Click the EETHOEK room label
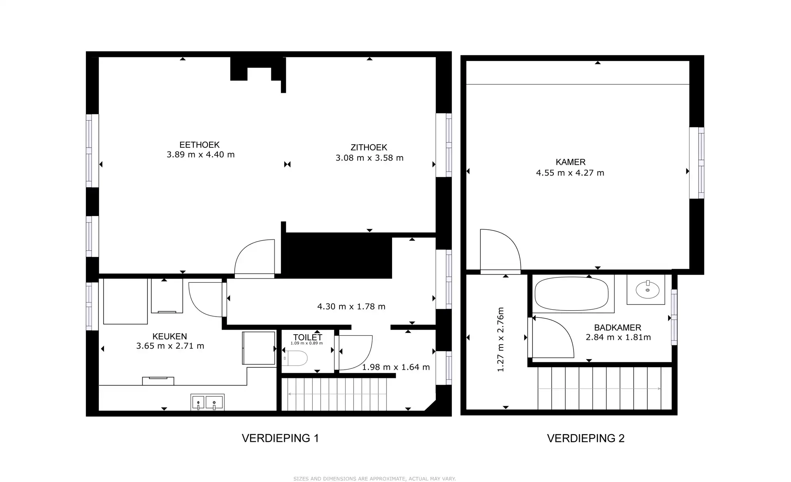point(199,145)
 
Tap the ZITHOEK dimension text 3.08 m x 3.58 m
point(369,158)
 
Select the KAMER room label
point(570,162)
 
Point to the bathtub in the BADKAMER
point(571,294)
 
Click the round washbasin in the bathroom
point(647,290)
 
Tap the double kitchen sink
point(207,402)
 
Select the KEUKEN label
point(169,336)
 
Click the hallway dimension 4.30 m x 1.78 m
point(351,306)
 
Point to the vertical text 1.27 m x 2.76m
point(500,339)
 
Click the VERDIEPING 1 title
point(280,438)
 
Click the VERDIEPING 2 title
point(586,438)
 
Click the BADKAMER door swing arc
point(552,337)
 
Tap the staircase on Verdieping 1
point(337,394)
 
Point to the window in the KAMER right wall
point(697,163)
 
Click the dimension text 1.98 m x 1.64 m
point(396,367)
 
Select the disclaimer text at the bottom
point(374,478)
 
